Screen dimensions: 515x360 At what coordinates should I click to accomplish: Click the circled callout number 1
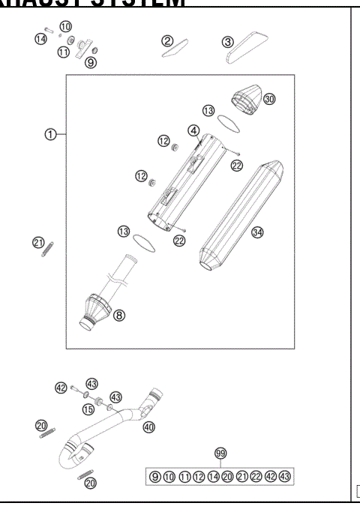coord(49,134)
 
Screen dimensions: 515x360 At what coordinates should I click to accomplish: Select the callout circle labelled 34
coord(257,233)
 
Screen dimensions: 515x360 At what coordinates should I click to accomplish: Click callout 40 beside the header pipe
coord(148,427)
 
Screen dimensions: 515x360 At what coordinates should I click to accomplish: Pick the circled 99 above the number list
coord(220,454)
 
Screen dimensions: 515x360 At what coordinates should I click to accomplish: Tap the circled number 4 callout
coord(193,130)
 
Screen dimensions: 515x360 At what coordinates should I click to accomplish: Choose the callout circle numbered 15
coord(88,409)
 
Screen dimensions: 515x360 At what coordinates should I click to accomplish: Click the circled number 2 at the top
coord(169,41)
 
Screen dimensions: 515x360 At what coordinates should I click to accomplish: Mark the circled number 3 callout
coord(226,41)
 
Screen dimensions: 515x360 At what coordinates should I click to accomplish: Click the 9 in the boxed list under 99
coord(154,476)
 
